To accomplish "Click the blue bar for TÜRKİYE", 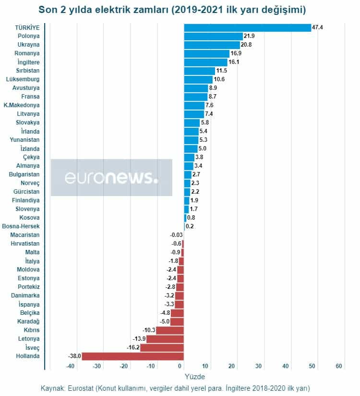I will [247, 27].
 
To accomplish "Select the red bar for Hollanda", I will [132, 356].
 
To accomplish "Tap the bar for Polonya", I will [213, 36].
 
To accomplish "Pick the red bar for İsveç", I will [162, 347].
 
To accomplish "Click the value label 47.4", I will [317, 27].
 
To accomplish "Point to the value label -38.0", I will [74, 357].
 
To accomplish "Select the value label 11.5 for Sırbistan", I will [221, 71].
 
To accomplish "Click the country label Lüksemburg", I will [23, 79].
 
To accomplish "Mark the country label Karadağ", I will [28, 322].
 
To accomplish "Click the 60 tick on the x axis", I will [339, 366].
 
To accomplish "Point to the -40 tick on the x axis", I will [71, 366].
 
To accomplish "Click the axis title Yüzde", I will [194, 377].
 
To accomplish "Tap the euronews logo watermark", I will [111, 177].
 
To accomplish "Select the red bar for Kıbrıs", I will [170, 330].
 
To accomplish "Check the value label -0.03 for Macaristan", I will [176, 235].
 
